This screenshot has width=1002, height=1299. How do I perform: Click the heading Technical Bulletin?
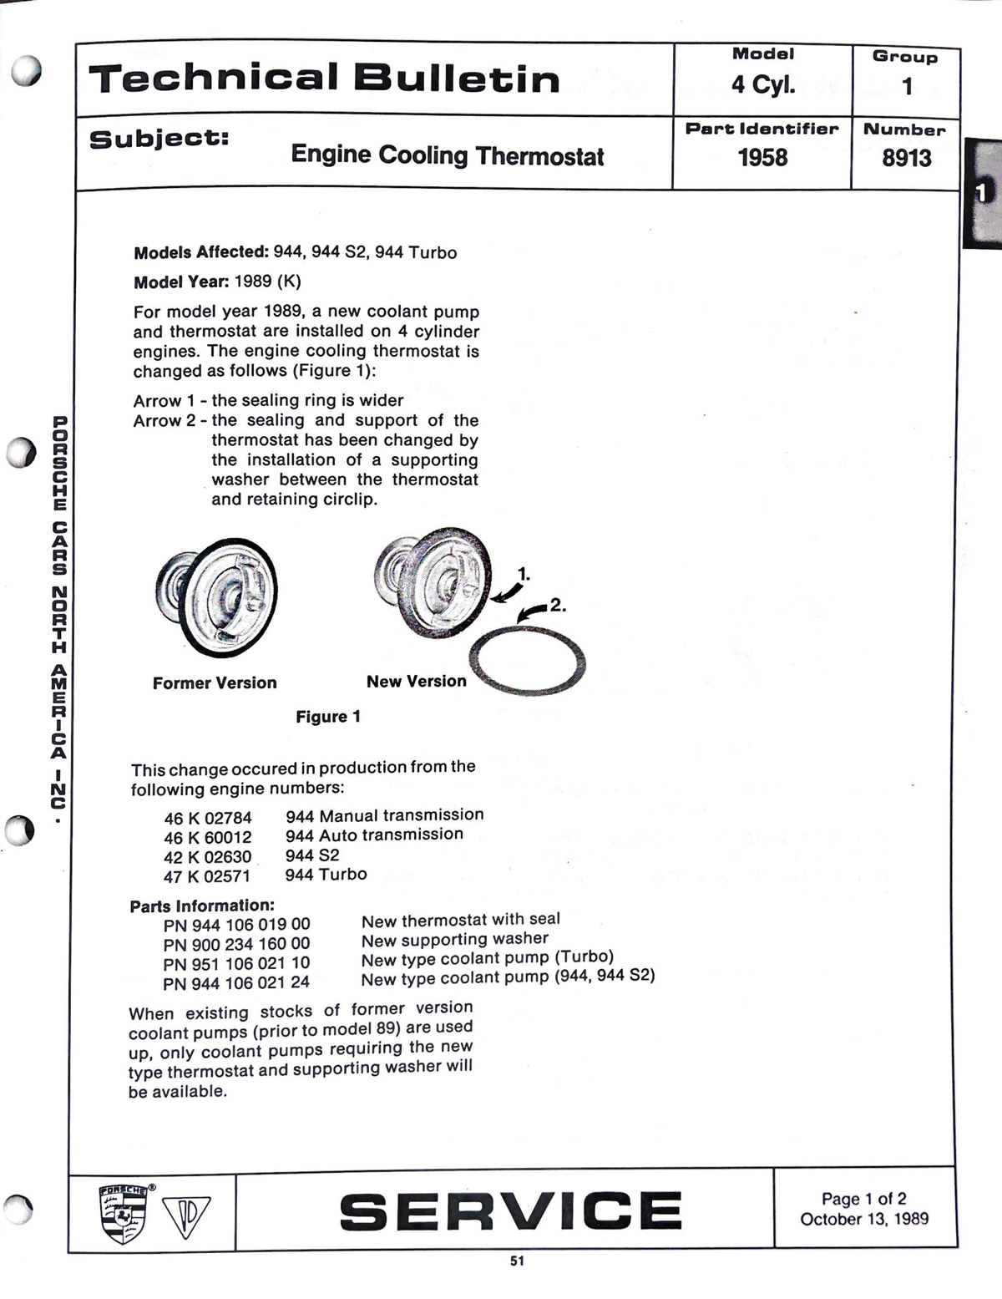click(324, 79)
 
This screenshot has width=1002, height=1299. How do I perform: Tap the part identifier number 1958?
click(762, 157)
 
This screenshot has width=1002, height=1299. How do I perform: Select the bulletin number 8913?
click(906, 157)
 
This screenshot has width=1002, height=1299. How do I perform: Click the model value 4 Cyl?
click(763, 84)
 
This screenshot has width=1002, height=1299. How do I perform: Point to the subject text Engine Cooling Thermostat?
click(447, 155)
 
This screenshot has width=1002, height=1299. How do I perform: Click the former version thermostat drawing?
click(216, 596)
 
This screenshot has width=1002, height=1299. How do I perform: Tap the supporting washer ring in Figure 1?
click(528, 661)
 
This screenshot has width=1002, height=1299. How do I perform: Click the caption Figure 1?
click(328, 717)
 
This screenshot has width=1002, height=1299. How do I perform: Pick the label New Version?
click(416, 682)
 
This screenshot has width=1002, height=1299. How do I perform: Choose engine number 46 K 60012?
click(208, 837)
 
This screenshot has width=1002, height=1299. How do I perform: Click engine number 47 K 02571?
click(207, 876)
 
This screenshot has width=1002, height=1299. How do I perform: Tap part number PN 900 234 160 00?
click(236, 944)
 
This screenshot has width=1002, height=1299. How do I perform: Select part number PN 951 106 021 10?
click(236, 963)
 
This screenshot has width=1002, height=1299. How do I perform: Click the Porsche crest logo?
click(124, 1213)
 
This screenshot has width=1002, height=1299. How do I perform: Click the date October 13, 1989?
click(864, 1219)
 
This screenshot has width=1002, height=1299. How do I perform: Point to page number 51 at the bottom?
click(517, 1261)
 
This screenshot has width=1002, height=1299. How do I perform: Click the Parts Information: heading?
click(202, 906)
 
